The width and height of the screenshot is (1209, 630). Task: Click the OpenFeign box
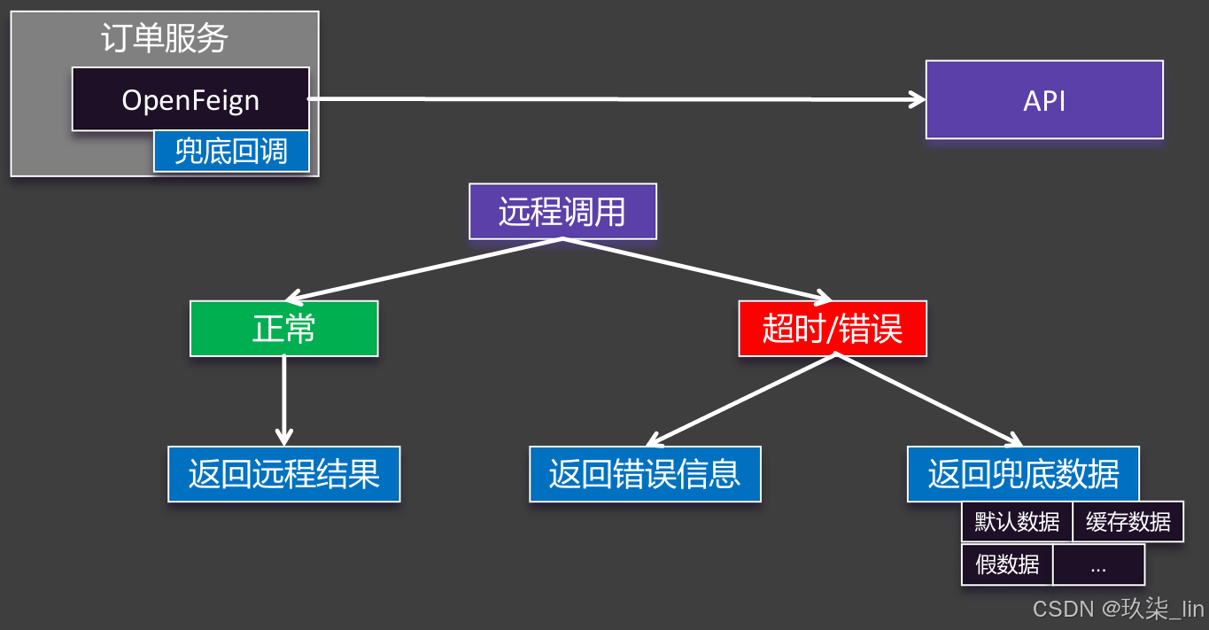tap(190, 99)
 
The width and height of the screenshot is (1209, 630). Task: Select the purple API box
tap(1044, 100)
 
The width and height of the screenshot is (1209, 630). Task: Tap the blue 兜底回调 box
tap(231, 152)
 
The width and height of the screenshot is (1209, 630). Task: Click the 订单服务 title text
tap(165, 38)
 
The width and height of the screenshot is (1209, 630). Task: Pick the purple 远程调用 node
tap(562, 212)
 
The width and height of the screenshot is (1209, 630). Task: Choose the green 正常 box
tap(284, 329)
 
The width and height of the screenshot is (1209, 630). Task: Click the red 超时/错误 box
tap(833, 329)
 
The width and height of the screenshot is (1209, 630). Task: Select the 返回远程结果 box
tap(284, 474)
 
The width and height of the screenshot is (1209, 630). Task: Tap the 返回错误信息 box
tap(645, 474)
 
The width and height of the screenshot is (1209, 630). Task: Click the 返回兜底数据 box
tap(1023, 474)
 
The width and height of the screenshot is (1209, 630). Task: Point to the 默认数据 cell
tap(1017, 522)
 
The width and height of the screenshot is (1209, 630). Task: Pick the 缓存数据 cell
tap(1128, 522)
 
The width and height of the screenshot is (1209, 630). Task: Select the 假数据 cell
tap(1007, 564)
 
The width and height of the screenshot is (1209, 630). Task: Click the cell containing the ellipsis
tap(1098, 564)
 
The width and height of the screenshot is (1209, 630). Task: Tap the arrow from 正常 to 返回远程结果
tap(283, 399)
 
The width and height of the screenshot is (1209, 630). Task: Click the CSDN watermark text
tap(1118, 610)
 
